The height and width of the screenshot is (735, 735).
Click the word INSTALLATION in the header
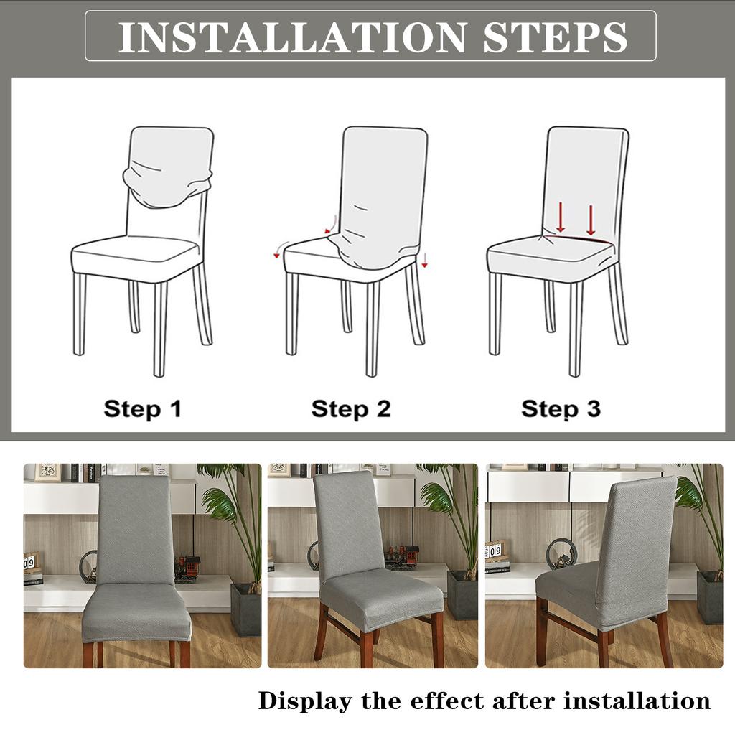[x=291, y=37]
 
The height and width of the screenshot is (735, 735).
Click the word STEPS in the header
[x=555, y=37]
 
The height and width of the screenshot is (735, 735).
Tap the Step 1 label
[x=143, y=408]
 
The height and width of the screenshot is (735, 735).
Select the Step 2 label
[x=350, y=408]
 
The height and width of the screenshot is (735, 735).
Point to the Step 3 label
[x=561, y=408]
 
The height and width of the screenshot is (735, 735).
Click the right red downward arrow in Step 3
[x=591, y=220]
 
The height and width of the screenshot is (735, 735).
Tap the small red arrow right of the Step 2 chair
[x=425, y=260]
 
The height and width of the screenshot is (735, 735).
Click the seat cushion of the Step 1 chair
[x=135, y=258]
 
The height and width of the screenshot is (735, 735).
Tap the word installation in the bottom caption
[x=637, y=701]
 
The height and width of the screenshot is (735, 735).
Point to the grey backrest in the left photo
[x=135, y=530]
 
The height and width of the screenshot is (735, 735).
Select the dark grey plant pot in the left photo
[x=245, y=609]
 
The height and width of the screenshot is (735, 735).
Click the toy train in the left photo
[x=187, y=568]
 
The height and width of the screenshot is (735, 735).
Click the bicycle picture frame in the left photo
[x=47, y=472]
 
